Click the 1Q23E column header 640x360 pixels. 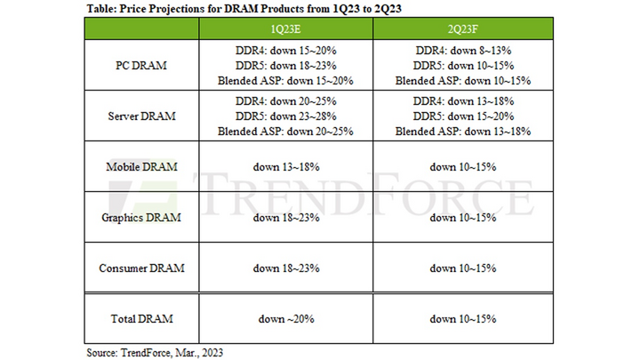(x=285, y=28)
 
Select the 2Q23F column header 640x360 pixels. (x=462, y=28)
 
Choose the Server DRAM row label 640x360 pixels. (x=141, y=116)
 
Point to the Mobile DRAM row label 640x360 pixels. (x=141, y=166)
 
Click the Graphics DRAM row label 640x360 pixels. (x=141, y=217)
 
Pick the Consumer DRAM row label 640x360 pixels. (x=141, y=268)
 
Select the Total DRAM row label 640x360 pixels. (x=141, y=318)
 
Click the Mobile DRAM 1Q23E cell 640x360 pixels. (x=285, y=166)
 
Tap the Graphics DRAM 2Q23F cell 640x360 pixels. (x=462, y=217)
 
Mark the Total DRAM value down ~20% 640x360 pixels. (x=285, y=318)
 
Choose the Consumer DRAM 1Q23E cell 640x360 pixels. (x=285, y=268)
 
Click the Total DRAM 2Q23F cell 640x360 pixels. (x=462, y=318)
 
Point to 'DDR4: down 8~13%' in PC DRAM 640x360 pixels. (x=462, y=51)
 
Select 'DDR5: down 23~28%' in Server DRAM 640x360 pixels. (x=285, y=116)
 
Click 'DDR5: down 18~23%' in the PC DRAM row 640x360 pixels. (x=285, y=65)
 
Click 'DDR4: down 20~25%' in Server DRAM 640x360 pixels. (x=285, y=101)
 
